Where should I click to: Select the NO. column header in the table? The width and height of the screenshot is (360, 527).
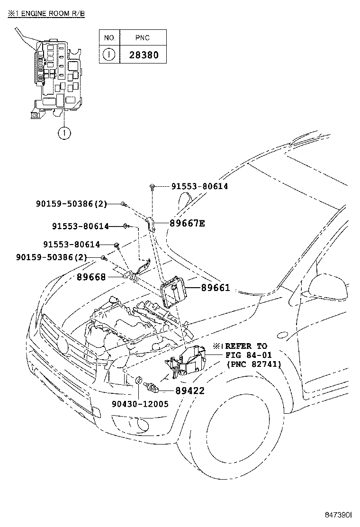coord(109,37)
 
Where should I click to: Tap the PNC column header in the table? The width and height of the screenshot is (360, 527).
coord(144,37)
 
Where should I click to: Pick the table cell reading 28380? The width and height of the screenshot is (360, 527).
coord(144,55)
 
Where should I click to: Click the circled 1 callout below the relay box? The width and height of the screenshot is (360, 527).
coord(64,133)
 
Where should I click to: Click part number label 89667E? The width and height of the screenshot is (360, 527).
coord(185,223)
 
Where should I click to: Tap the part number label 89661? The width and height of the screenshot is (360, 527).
coord(215,288)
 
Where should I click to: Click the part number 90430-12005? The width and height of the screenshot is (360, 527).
coord(140,404)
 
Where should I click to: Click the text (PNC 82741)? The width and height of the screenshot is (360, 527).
coord(254,364)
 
